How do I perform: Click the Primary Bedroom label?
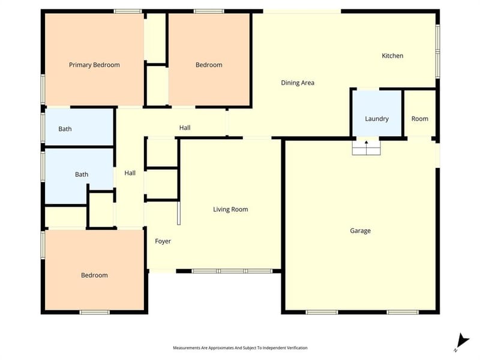coord(94,65)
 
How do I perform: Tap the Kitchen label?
coord(392,56)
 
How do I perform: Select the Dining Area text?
coord(298,83)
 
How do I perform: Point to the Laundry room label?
coord(377,119)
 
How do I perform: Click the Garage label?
coord(361,230)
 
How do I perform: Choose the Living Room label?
coord(230,209)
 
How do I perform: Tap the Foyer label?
coord(163,241)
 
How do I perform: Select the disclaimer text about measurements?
coord(241,348)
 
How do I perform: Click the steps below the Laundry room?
coord(366,148)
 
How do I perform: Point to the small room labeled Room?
coord(419,119)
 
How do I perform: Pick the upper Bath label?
coord(65,129)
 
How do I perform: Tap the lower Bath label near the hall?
coord(82,175)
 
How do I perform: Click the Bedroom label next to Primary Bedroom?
coord(209,65)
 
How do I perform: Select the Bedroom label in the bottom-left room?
coord(94,275)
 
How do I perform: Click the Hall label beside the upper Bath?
coord(130,173)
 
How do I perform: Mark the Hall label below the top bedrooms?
coord(185,128)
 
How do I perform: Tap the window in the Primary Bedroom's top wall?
coord(128,11)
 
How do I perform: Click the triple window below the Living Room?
coord(232,271)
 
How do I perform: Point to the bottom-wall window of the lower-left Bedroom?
coord(95,312)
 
